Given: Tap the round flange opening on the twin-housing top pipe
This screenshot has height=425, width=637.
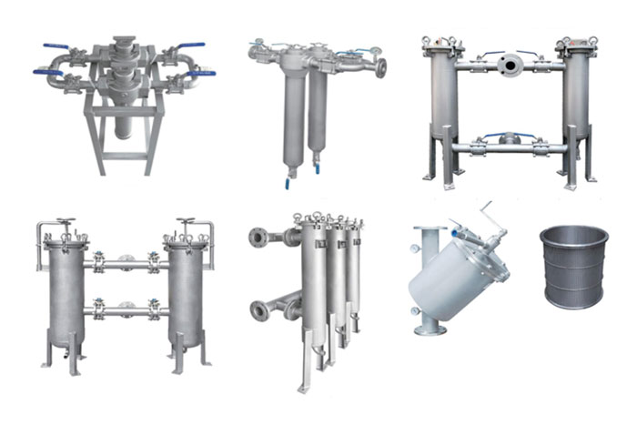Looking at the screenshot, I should point(508,64).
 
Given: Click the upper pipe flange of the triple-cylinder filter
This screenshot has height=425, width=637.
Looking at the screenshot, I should point(257,238).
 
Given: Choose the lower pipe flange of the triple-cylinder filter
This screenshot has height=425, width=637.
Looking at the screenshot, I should point(257,308).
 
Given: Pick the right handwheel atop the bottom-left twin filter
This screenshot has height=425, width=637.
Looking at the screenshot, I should point(187,221).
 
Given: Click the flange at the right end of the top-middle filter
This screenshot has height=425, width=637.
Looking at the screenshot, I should point(380,67).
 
